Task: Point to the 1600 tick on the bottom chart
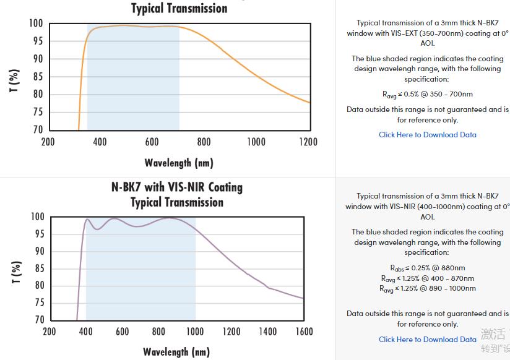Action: (x=305, y=332)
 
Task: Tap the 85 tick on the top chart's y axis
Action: (x=38, y=77)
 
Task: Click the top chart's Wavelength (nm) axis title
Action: (x=179, y=163)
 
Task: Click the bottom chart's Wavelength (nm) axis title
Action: (x=176, y=352)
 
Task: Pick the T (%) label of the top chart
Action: (x=14, y=80)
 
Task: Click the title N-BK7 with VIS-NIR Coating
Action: (x=177, y=187)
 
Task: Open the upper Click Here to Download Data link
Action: (x=428, y=134)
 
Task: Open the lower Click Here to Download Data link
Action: (x=428, y=339)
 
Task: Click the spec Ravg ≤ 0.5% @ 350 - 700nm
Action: (x=428, y=94)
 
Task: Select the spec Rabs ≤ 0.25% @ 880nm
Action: (x=428, y=268)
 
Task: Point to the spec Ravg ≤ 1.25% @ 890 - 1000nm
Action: (x=428, y=288)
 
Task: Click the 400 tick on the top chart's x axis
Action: (x=100, y=142)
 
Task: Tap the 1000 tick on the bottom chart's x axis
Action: (x=196, y=332)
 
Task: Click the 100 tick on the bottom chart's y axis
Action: (x=37, y=217)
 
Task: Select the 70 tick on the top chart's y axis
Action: (x=38, y=130)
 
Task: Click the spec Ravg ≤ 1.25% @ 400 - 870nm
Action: (x=428, y=278)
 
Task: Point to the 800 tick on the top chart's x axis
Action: (x=204, y=142)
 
